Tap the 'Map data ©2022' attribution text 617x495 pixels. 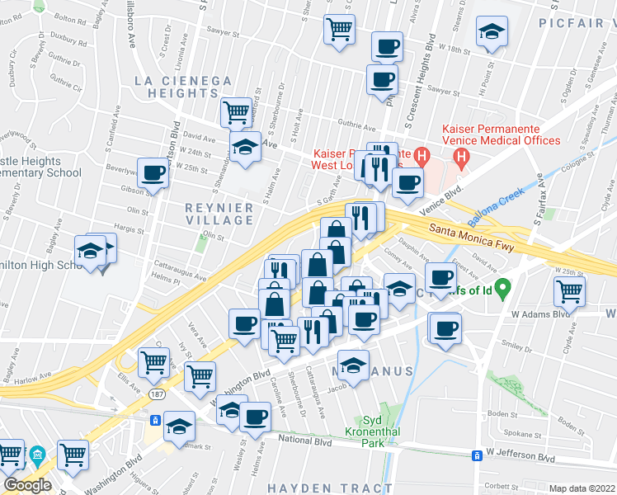click(582, 488)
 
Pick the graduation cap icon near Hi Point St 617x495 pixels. click(492, 31)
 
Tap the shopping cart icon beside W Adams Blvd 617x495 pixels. click(569, 290)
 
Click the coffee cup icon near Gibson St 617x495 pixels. click(153, 173)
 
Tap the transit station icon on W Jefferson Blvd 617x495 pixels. click(476, 455)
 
